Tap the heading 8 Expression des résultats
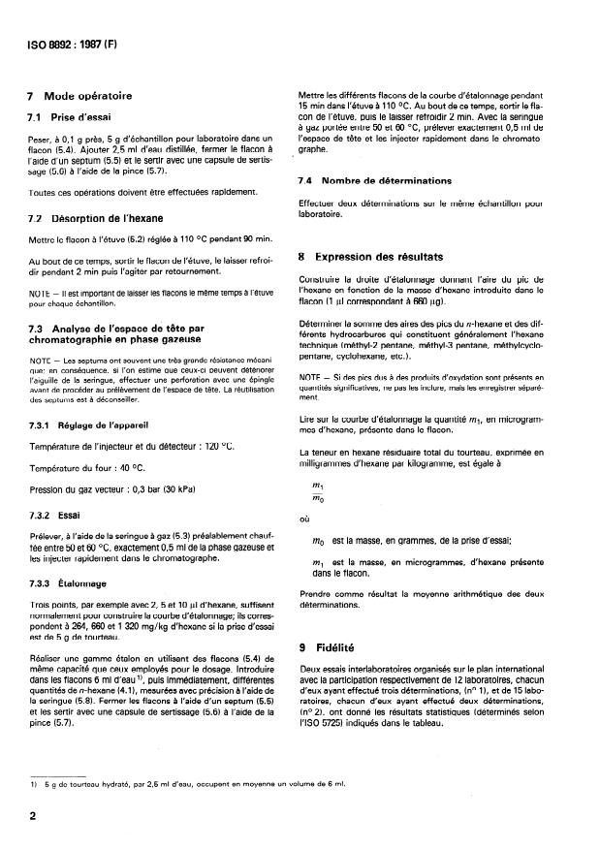(x=371, y=258)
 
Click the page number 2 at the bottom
(x=33, y=815)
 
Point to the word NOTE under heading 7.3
(x=41, y=360)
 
